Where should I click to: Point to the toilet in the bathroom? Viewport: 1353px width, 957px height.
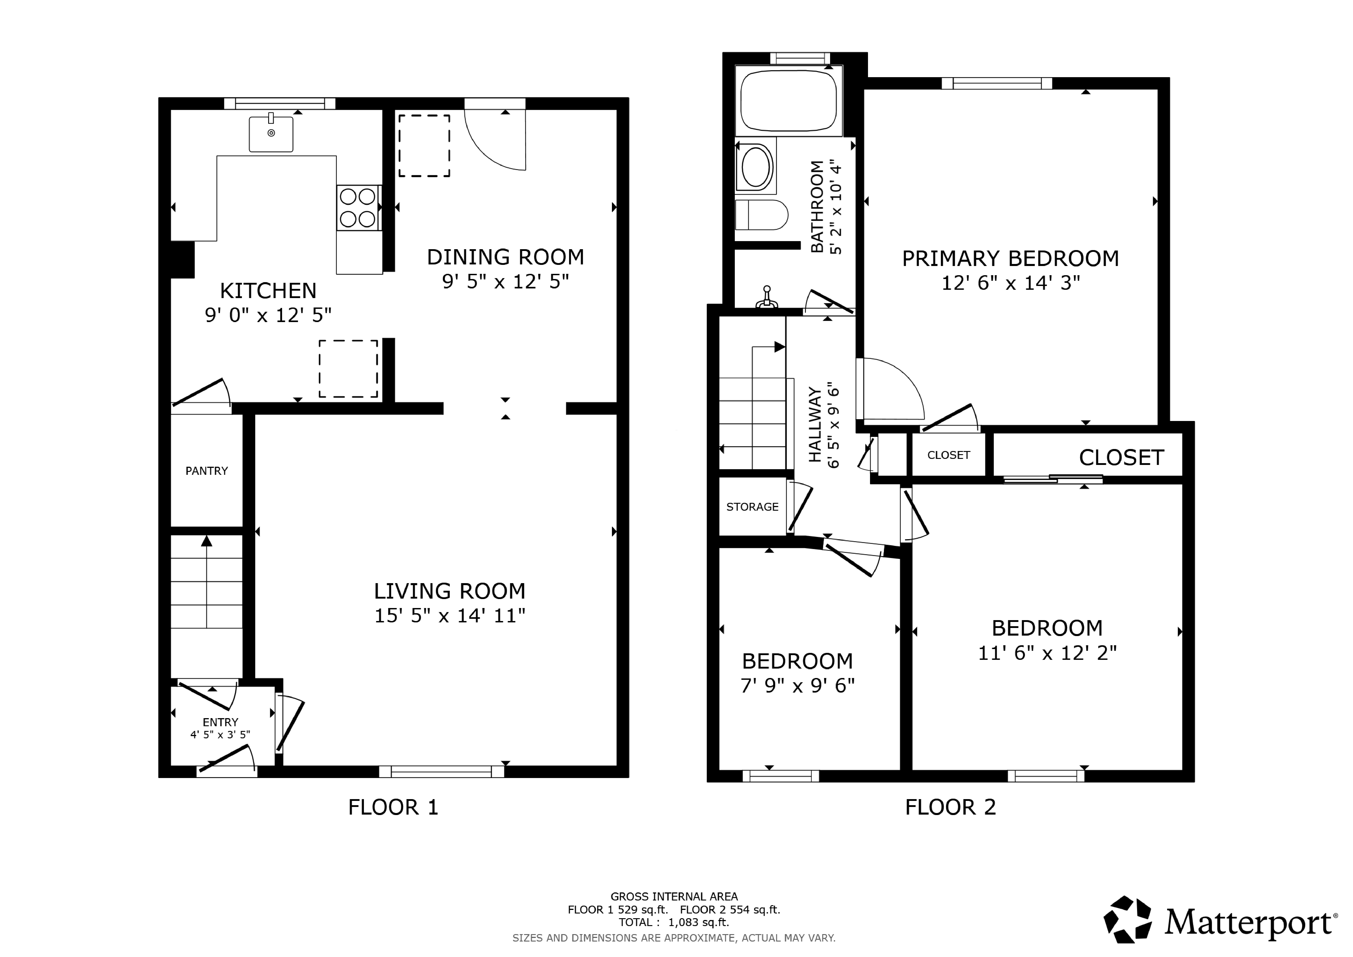[x=761, y=214]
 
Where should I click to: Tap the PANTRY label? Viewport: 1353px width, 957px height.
[x=206, y=471]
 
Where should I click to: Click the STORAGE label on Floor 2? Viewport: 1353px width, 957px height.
[x=752, y=507]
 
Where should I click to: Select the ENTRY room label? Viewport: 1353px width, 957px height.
[x=220, y=722]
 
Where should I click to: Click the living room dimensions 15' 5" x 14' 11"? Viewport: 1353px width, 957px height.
[x=450, y=616]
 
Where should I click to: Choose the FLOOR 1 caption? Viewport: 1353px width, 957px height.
[x=393, y=807]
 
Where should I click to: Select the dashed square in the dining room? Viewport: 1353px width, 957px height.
[x=424, y=146]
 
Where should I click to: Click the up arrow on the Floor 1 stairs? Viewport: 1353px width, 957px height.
[x=206, y=541]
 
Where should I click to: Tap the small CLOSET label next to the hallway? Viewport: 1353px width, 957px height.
[x=948, y=455]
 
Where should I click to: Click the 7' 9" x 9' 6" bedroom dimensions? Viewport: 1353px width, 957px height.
[x=797, y=685]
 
